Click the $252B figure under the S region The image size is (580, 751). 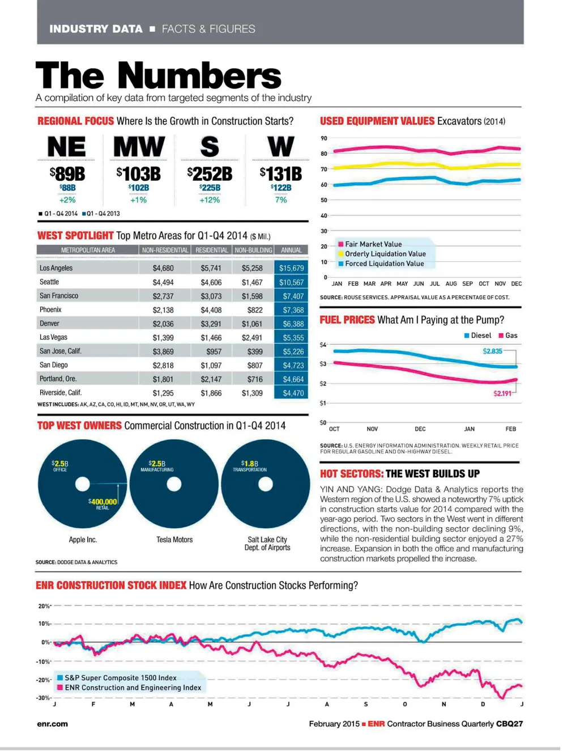pyautogui.click(x=210, y=173)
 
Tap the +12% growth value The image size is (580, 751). pyautogui.click(x=210, y=200)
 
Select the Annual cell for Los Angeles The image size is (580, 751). pyautogui.click(x=291, y=268)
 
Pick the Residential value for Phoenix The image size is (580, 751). pyautogui.click(x=211, y=310)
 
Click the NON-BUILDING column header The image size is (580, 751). pyautogui.click(x=253, y=250)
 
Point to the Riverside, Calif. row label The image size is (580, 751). pyautogui.click(x=61, y=393)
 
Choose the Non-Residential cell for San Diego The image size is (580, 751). pyautogui.click(x=163, y=366)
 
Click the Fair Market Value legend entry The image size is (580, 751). pyautogui.click(x=373, y=244)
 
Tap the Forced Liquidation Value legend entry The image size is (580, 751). pyautogui.click(x=384, y=264)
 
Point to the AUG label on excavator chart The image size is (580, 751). pyautogui.click(x=451, y=283)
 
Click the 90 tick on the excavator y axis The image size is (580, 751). pyautogui.click(x=324, y=138)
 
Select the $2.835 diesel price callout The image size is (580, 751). pyautogui.click(x=492, y=351)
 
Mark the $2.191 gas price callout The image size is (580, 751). pyautogui.click(x=502, y=393)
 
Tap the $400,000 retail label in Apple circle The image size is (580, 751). pyautogui.click(x=103, y=502)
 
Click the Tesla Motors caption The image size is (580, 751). pyautogui.click(x=174, y=540)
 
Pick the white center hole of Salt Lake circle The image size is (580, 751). pyautogui.click(x=266, y=485)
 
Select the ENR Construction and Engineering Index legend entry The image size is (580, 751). pyautogui.click(x=133, y=688)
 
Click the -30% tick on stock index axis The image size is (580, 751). pyautogui.click(x=44, y=698)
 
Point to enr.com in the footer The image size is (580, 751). pyautogui.click(x=52, y=724)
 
